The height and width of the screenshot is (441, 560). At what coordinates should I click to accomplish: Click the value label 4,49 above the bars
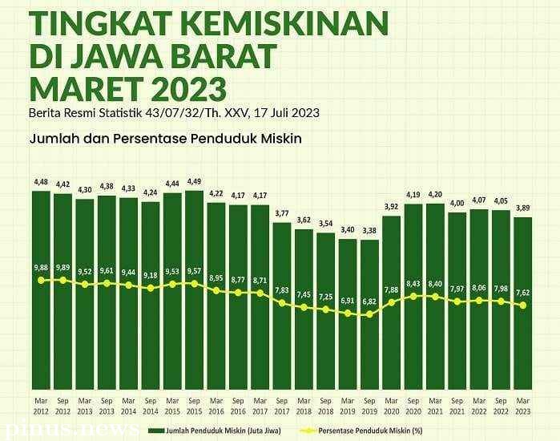click(194, 181)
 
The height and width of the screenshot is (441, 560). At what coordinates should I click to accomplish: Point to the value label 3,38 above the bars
click(369, 231)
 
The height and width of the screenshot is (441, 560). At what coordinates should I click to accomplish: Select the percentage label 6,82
click(369, 301)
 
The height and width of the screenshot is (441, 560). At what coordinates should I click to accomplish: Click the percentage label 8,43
click(413, 283)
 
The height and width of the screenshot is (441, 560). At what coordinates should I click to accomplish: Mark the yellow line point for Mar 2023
click(522, 305)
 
